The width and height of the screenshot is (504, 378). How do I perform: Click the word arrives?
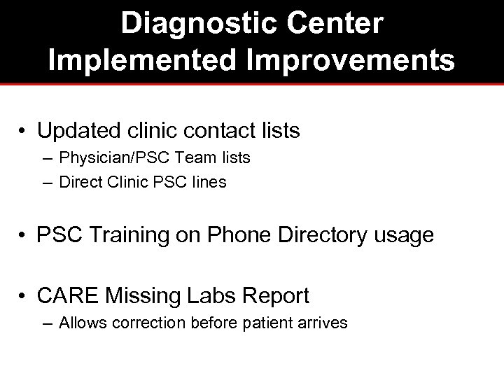coord(323,324)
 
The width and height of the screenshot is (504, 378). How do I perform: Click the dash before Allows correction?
coord(47,324)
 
